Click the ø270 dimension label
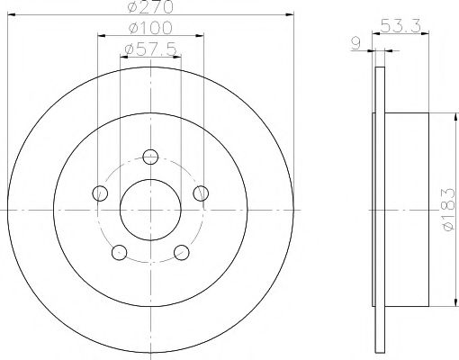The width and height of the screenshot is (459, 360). click(151, 9)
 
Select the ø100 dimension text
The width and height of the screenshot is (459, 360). click(151, 28)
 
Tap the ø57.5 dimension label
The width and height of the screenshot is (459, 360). click(151, 46)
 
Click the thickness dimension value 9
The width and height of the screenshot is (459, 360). click(357, 40)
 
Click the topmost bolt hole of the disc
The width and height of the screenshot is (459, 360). click(151, 157)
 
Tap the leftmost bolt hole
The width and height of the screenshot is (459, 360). click(100, 193)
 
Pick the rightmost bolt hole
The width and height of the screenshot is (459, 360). click(202, 193)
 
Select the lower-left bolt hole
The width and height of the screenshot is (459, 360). click(120, 253)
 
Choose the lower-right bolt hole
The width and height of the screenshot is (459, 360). click(182, 253)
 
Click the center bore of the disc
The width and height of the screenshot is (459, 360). click(151, 211)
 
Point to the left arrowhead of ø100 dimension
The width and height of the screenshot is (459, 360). click(98, 35)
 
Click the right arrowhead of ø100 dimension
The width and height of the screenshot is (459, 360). click(202, 35)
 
